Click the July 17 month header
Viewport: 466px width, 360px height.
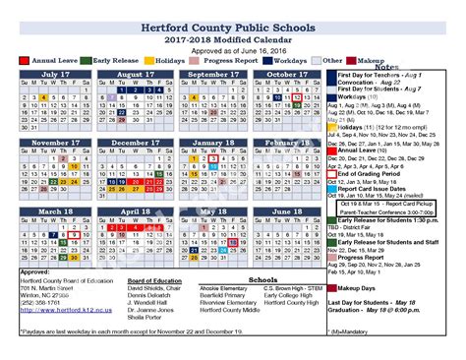56,74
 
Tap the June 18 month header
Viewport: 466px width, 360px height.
287,211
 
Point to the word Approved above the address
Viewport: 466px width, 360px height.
35,271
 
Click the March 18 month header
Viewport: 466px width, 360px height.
56,211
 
